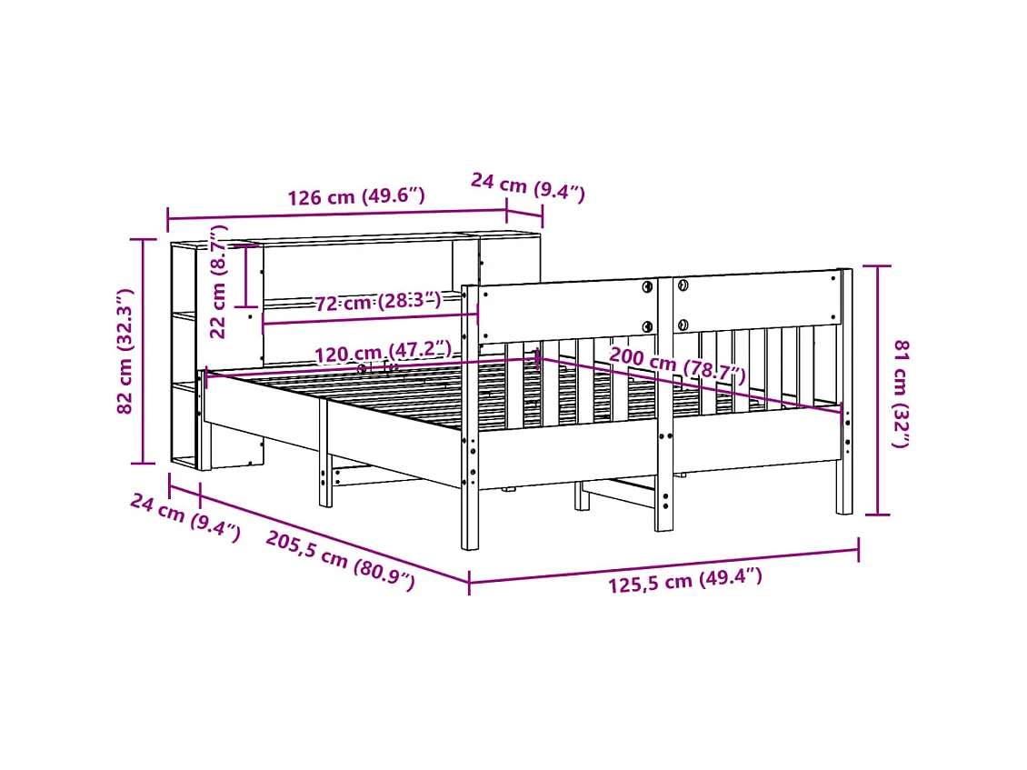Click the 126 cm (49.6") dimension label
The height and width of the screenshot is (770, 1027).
click(356, 196)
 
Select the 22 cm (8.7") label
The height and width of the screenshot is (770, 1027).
click(219, 282)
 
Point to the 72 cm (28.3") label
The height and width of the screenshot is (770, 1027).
click(378, 301)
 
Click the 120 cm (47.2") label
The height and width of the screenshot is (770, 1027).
click(383, 352)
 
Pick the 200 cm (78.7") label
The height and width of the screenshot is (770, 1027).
click(677, 365)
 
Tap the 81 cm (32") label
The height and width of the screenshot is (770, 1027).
click(901, 393)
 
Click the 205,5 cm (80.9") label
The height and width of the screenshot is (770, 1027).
click(340, 561)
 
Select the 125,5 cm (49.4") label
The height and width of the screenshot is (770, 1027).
click(685, 580)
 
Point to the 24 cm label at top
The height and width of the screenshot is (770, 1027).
click(527, 186)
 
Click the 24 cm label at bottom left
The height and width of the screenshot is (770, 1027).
click(184, 517)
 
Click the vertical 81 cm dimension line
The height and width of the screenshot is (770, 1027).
click(877, 390)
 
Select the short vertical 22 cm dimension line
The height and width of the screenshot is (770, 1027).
click(244, 275)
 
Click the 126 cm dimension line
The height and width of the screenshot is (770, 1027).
click(336, 215)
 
